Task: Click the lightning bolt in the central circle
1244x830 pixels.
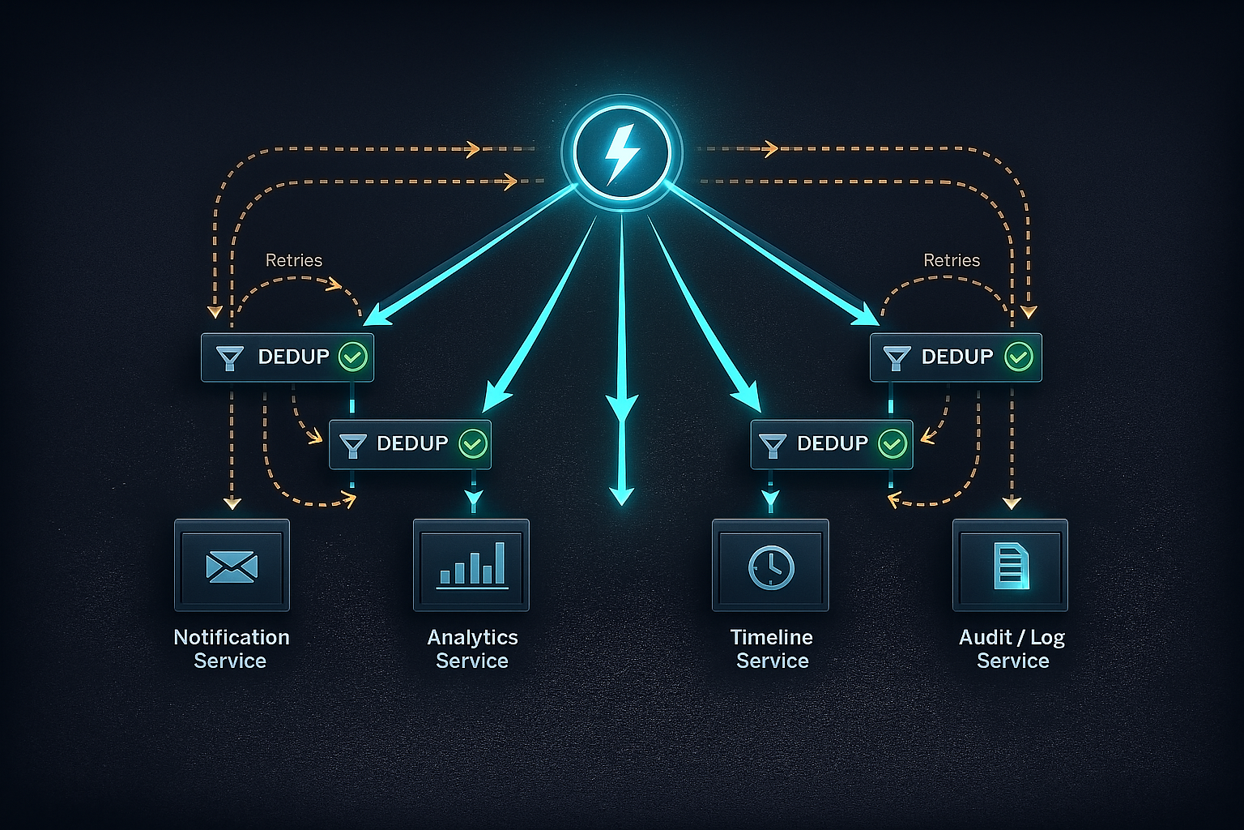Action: (x=621, y=152)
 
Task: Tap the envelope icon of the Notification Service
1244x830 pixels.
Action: (x=232, y=566)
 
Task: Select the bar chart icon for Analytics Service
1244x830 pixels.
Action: (x=472, y=565)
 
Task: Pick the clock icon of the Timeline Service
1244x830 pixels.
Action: (x=771, y=566)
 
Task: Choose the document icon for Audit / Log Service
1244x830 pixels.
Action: (x=1011, y=566)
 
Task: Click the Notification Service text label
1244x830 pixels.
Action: (x=232, y=648)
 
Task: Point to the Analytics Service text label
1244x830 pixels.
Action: (x=472, y=648)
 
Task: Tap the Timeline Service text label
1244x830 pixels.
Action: (x=772, y=648)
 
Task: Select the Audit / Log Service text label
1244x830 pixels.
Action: (x=1012, y=648)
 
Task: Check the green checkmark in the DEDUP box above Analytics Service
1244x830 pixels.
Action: (x=473, y=443)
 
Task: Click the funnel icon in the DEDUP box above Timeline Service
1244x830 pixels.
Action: (x=772, y=444)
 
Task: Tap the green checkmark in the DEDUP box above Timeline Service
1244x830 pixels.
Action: (x=892, y=443)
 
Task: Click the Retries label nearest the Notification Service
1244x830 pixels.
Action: (x=294, y=260)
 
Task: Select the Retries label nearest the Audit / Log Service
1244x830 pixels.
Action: (x=952, y=260)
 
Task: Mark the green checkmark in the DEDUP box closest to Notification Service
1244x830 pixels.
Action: (x=352, y=357)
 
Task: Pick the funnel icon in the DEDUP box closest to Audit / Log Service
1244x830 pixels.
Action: (x=897, y=357)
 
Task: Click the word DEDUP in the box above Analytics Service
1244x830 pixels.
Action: (x=412, y=443)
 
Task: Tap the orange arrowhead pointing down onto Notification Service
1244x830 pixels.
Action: (x=232, y=503)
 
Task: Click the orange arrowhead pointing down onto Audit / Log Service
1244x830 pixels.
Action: (x=1012, y=503)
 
